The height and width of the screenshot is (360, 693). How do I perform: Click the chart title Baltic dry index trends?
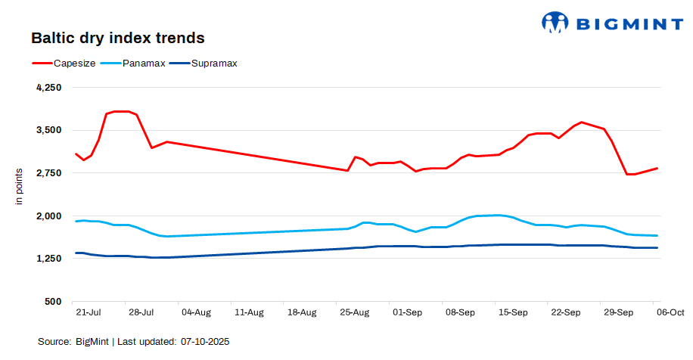pos(117,37)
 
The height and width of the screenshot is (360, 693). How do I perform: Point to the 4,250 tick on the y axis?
pos(48,88)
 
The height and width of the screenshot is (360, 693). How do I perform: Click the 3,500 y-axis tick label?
pos(48,130)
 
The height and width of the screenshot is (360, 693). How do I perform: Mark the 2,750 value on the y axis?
pos(48,173)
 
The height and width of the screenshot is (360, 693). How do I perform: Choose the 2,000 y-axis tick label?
pos(48,216)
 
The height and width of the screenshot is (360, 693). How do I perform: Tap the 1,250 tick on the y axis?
pos(48,259)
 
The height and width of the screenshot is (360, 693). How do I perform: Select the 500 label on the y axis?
pos(53,302)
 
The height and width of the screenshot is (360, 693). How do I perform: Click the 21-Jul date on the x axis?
pos(89,312)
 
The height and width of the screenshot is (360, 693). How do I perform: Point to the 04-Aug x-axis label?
pos(196,312)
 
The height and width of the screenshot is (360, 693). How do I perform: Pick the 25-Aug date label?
pos(354,312)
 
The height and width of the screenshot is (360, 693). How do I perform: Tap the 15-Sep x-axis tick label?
pos(513,312)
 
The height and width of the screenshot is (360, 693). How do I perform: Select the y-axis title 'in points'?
pos(20,186)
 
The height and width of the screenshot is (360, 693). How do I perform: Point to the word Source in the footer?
pos(55,342)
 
